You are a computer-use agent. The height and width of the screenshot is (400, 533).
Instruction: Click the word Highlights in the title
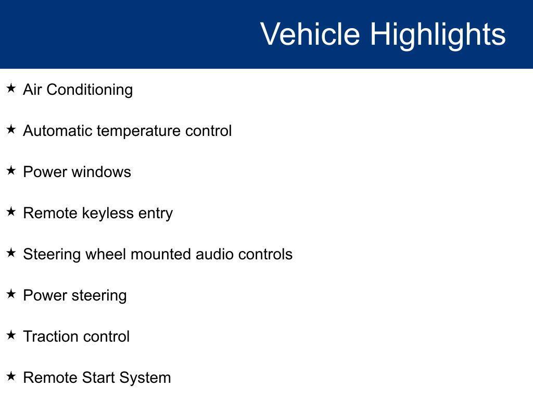(438, 34)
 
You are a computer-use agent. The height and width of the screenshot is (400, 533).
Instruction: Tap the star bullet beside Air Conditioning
(11, 88)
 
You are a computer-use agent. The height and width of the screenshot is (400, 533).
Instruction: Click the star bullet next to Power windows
(11, 170)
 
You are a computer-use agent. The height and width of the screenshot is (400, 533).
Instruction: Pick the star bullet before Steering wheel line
(11, 253)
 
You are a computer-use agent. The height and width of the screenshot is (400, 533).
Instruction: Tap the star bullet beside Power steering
(11, 294)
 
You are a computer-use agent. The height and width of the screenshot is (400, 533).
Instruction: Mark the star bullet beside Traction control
(11, 335)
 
